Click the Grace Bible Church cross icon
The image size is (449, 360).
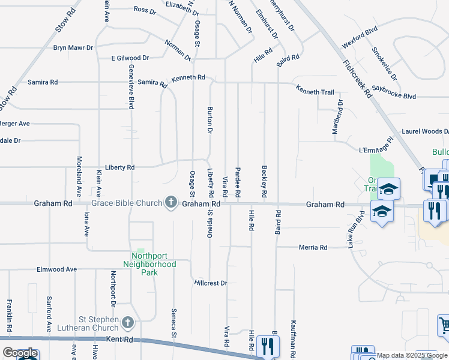coord(171,202)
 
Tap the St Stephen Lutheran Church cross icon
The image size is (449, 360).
coord(127,323)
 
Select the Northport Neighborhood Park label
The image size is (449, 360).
coord(149,264)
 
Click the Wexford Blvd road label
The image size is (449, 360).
coord(360,37)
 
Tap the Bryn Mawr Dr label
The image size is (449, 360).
coord(73,47)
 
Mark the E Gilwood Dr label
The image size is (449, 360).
coord(130,58)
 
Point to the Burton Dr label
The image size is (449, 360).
coord(210,119)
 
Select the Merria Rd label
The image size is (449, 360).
coord(314,247)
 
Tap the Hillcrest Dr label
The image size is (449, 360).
coord(211,283)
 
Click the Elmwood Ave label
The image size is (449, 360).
coord(57,269)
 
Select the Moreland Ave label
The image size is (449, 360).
coord(79,177)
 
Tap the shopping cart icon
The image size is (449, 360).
coord(444,325)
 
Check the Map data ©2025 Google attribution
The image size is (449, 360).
coord(411,355)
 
